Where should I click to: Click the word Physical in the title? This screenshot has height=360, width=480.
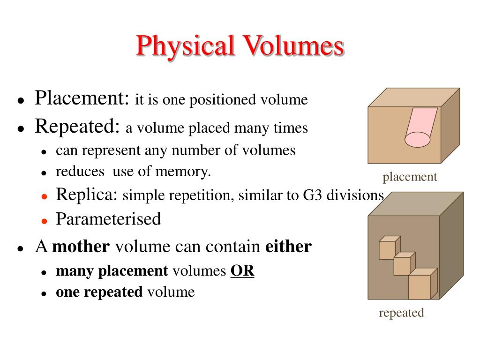click(x=186, y=46)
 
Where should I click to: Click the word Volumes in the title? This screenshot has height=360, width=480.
click(x=293, y=46)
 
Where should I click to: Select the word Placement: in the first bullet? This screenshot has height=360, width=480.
click(x=82, y=99)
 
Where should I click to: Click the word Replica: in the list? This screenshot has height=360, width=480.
click(x=87, y=194)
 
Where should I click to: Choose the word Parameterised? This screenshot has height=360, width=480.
click(x=108, y=219)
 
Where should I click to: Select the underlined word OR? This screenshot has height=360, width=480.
click(x=242, y=270)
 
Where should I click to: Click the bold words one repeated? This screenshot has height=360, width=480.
click(x=99, y=292)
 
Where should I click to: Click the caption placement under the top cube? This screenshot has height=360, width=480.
click(x=409, y=177)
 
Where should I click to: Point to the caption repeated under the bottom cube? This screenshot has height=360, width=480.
click(x=401, y=313)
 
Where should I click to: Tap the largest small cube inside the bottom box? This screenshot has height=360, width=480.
click(x=421, y=285)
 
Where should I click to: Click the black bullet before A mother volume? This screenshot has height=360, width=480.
click(x=20, y=248)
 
